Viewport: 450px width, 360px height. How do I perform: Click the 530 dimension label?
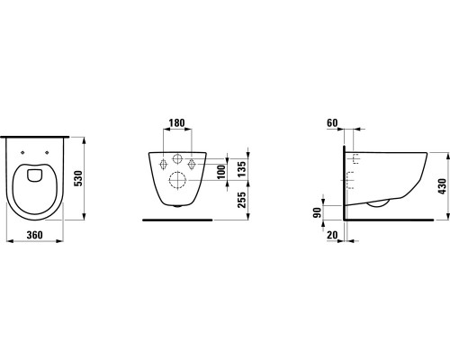tap(78, 178)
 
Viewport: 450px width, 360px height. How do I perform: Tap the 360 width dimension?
tap(35, 235)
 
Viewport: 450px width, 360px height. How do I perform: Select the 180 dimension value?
tap(177, 123)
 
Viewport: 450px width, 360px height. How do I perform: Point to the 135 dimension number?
tap(242, 168)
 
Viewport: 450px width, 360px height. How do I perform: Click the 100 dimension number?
tap(221, 172)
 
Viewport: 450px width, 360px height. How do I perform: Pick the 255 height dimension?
tap(242, 200)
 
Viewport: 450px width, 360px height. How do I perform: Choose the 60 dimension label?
tap(332, 123)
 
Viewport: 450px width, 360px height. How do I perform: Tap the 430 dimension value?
tap(443, 186)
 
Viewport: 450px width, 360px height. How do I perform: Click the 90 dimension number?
tap(317, 212)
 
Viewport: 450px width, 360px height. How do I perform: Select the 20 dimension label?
tap(332, 235)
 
